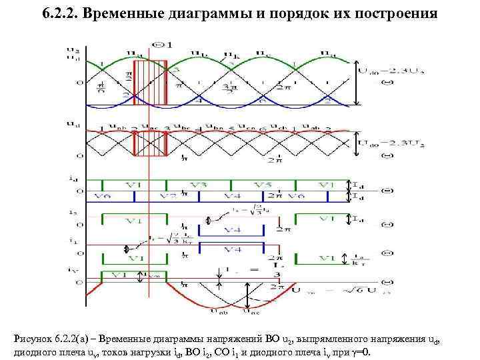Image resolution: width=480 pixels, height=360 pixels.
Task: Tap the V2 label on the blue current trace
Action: pyautogui.click(x=168, y=196)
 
